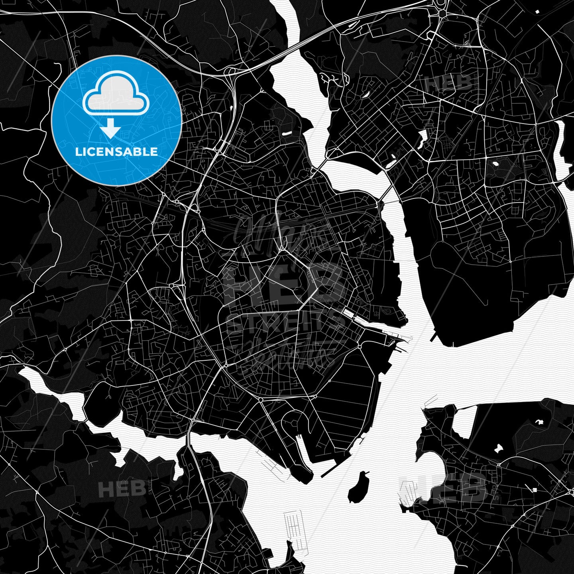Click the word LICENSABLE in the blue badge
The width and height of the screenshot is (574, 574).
[x=116, y=152]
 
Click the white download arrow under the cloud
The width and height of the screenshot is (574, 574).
[x=110, y=129]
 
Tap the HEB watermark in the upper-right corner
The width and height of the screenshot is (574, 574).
[x=448, y=83]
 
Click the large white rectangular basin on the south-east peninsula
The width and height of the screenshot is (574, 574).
[x=465, y=422]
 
